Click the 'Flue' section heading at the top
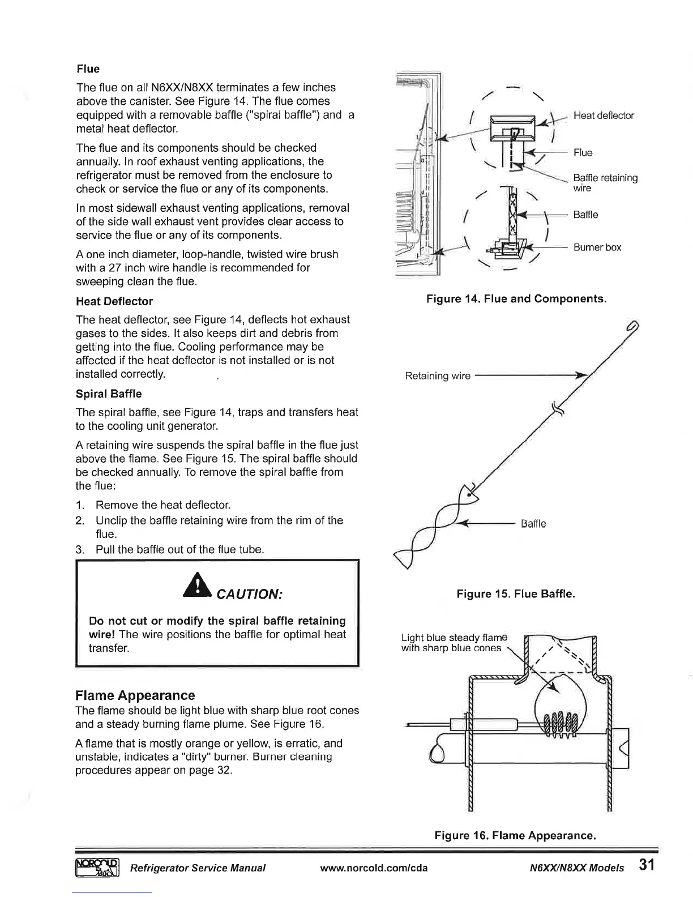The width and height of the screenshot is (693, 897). point(88,69)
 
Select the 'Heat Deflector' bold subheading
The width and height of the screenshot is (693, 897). point(114,301)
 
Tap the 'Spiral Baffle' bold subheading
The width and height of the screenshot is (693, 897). point(108,394)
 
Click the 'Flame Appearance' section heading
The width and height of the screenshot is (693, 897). point(135,695)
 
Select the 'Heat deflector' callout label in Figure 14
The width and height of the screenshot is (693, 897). point(603,116)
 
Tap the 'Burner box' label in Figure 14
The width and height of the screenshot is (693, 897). point(597,247)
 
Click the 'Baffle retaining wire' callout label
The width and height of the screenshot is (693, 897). point(605,183)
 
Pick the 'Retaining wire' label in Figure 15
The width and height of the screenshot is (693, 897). point(438,376)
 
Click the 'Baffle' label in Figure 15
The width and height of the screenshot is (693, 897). point(533,524)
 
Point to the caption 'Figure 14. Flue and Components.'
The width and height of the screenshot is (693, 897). point(516,298)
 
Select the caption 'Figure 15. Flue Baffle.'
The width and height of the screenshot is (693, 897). point(515,594)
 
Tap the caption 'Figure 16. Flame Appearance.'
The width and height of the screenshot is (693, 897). point(515,835)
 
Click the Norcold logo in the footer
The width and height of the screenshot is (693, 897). point(96,867)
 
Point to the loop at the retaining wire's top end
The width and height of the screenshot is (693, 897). point(632,327)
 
